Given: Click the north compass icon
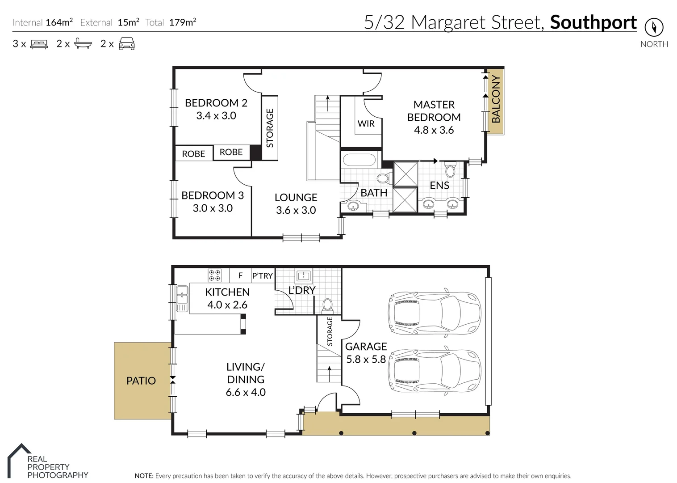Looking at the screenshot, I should point(654,27).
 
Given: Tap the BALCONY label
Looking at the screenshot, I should point(496,99).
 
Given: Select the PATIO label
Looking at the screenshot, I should point(141,381).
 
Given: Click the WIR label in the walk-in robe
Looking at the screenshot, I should point(366,123).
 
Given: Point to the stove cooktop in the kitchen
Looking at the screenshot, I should point(215,275).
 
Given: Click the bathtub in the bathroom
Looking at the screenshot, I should point(359,160).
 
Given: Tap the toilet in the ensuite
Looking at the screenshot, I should point(450,170).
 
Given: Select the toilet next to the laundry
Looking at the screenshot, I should point(327,305).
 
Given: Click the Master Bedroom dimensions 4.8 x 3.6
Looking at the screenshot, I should point(434,130).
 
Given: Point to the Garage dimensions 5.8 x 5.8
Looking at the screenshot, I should point(366,359).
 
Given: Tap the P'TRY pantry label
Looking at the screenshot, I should point(262,276).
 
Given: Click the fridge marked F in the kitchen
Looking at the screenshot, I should point(240,275).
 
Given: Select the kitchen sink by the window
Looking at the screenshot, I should point(182,298).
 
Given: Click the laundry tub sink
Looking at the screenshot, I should point(304,275).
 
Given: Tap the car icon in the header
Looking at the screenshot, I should point(127,44).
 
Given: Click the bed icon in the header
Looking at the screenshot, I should point(39,44).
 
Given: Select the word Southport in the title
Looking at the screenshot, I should point(593,22).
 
